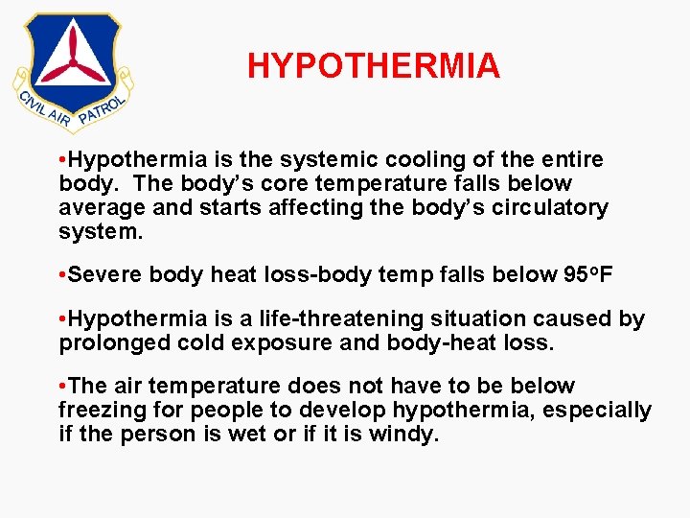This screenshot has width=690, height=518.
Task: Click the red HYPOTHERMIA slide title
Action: (373, 66)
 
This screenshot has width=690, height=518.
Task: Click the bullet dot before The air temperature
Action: (62, 387)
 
